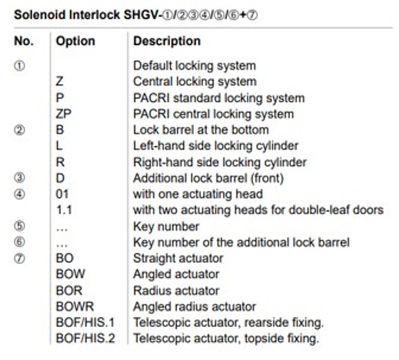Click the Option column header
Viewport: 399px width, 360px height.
(x=76, y=41)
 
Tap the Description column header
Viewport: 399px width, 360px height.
(x=167, y=41)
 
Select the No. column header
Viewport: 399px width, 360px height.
(x=24, y=41)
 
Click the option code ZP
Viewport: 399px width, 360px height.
(x=64, y=114)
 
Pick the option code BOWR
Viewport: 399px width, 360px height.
(x=75, y=307)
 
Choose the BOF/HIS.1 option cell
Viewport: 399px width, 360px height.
(x=85, y=323)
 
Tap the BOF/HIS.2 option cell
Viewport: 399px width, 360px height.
(x=85, y=338)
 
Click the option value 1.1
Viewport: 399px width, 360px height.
(x=64, y=210)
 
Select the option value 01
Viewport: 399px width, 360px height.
(x=62, y=194)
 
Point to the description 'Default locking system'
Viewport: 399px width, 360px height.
(x=194, y=65)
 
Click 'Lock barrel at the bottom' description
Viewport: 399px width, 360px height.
(x=201, y=130)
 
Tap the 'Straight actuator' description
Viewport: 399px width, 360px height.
(x=178, y=258)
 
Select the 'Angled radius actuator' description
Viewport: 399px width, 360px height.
(x=194, y=307)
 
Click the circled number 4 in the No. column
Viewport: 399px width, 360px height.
(x=20, y=194)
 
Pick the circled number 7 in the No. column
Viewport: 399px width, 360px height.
(x=20, y=259)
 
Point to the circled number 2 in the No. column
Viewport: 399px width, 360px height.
(x=20, y=130)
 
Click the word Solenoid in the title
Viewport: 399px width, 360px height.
(x=40, y=15)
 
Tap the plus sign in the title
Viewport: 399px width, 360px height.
(x=243, y=15)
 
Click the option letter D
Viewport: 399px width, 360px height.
(x=60, y=178)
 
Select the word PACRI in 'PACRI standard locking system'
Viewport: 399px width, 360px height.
(x=151, y=98)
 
